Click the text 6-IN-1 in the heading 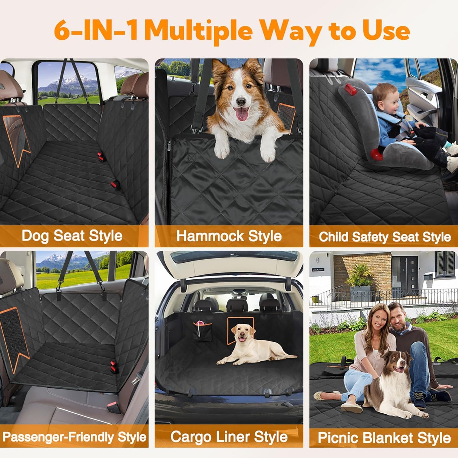point(95,31)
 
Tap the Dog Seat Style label point(72,236)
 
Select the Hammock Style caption point(229,236)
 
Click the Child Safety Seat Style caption point(384,237)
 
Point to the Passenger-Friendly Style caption point(74,437)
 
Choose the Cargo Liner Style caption point(229,437)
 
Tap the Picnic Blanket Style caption point(384,438)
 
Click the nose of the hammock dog point(241,102)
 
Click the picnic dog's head point(396,363)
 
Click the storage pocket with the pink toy point(203,331)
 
